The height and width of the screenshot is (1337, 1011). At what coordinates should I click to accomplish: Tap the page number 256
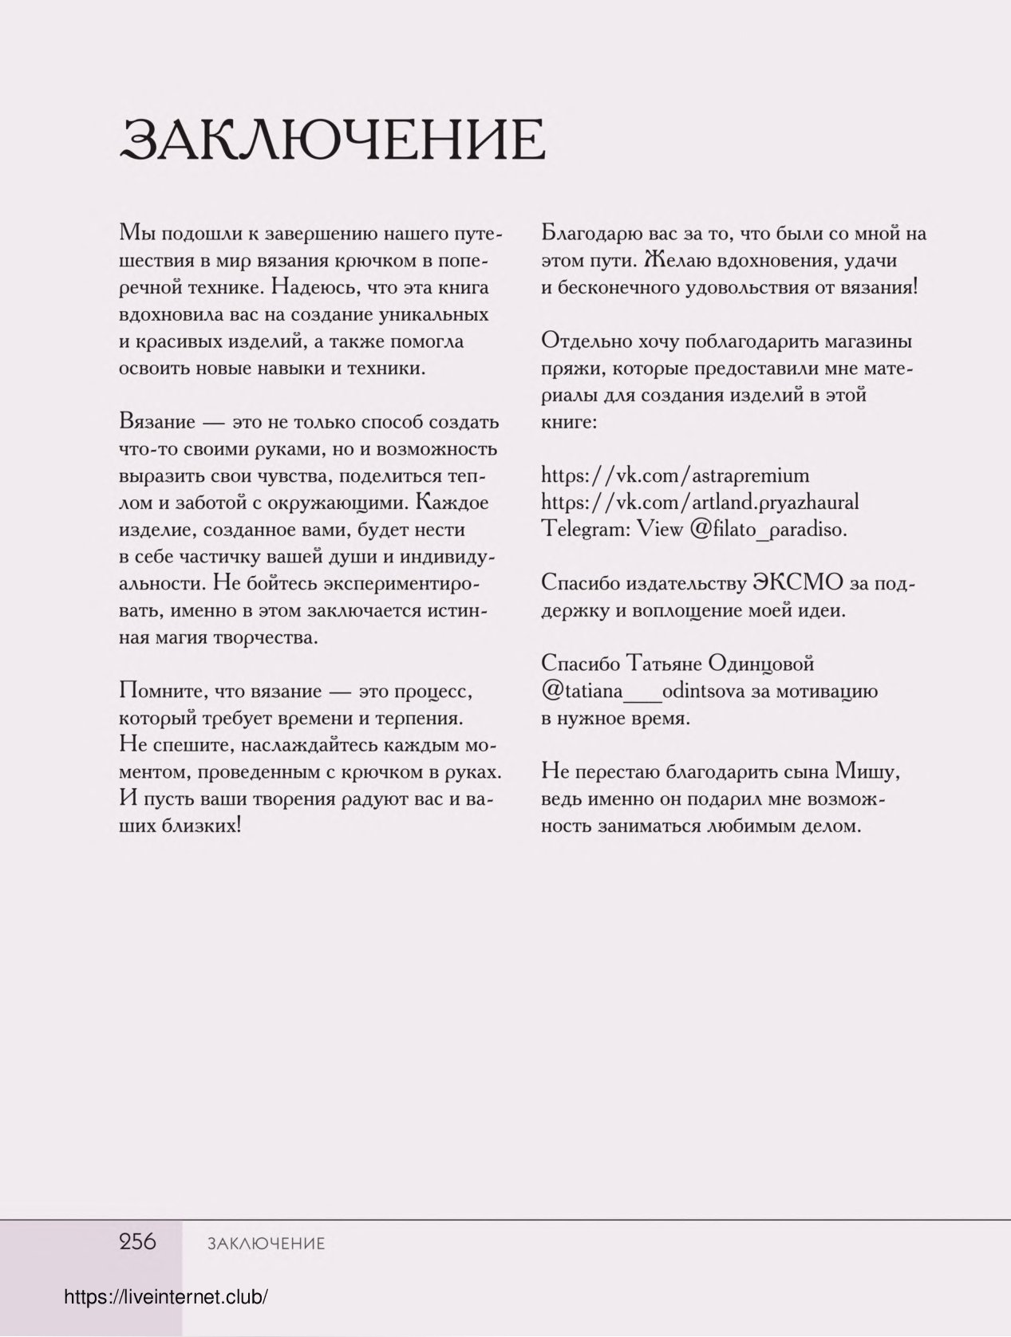pos(138,1241)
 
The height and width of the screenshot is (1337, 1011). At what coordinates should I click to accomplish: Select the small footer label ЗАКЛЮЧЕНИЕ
pos(266,1244)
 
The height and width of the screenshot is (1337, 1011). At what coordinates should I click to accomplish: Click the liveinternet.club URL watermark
pos(165,1297)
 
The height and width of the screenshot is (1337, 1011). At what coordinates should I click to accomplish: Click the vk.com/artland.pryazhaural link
pos(700,503)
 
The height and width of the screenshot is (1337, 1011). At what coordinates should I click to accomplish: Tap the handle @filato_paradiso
pos(767,530)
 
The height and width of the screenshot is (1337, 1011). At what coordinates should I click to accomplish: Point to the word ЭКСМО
pos(796,583)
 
